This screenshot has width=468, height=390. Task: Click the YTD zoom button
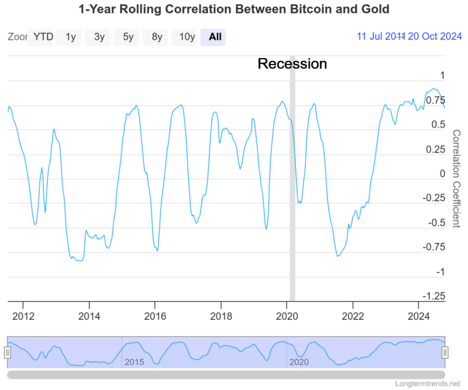pos(43,37)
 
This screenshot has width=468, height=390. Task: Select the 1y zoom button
pos(71,37)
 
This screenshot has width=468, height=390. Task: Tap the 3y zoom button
pos(99,37)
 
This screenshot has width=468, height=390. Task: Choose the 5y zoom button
pos(128,37)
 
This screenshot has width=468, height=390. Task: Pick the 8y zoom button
pos(157,37)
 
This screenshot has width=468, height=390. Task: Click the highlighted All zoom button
pos(214,37)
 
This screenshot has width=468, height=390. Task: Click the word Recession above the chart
pos(292,63)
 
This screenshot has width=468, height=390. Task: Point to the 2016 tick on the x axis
pos(155,316)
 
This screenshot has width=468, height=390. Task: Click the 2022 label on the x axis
pos(353,316)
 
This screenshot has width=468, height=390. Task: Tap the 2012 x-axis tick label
pos(23,316)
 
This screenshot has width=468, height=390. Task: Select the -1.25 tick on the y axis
pos(434,296)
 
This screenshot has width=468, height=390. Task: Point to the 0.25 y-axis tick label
pos(434,149)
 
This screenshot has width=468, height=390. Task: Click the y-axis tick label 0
pos(442,174)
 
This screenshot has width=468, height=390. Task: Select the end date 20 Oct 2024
pos(434,37)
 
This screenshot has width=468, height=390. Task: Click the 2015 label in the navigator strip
pos(134,362)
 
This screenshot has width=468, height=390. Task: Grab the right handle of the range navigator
pos(445,352)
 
